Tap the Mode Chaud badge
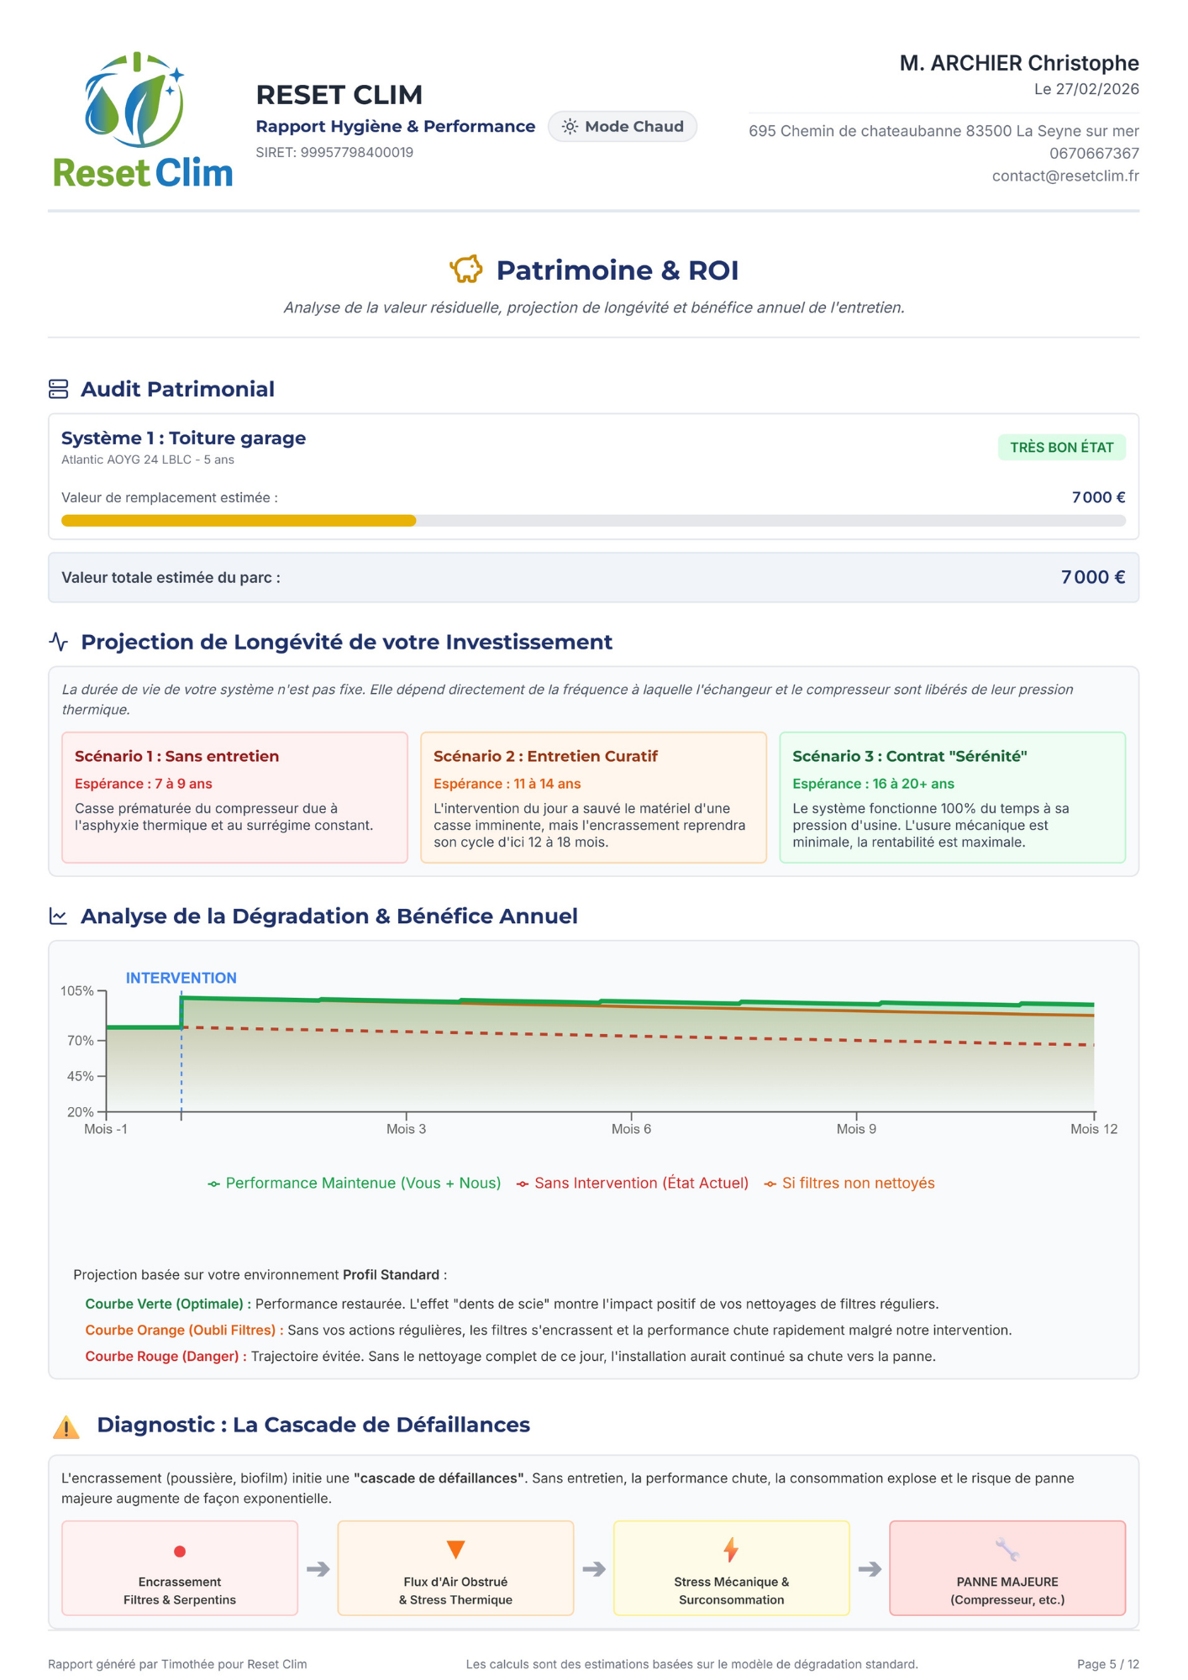623,127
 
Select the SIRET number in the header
334,153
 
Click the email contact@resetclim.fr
1065,176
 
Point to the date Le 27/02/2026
1086,90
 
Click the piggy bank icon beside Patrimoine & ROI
466,270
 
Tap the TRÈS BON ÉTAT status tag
1061,448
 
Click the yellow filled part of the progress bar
239,521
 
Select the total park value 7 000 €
1092,577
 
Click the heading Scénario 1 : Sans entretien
177,756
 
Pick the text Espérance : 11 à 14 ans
507,784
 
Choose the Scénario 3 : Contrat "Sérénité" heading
910,756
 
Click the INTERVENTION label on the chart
181,978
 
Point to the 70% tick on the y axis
81,1041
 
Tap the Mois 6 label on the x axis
631,1130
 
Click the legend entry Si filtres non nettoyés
858,1184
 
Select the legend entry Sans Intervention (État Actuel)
641,1184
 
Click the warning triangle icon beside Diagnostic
66,1426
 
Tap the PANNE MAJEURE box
1007,1568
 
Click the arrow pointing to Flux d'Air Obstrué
318,1569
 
